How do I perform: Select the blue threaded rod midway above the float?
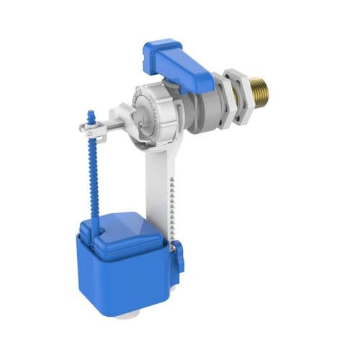(x=93, y=173)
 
